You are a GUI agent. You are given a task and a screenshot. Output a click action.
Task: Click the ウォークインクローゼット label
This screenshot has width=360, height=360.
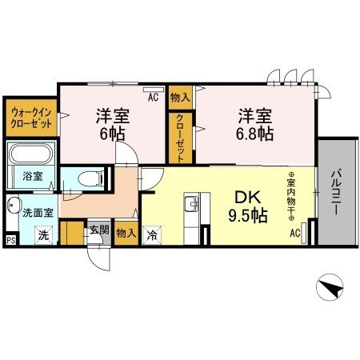pos(30,119)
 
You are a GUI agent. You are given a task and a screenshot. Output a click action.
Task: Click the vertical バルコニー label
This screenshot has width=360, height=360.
pos(336,193)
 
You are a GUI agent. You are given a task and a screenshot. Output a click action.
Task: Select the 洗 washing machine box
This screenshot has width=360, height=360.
pos(46,235)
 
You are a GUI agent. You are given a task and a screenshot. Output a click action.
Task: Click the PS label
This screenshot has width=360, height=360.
pos(10,238)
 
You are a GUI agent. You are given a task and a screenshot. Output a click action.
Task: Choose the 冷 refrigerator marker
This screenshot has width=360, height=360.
pos(151,236)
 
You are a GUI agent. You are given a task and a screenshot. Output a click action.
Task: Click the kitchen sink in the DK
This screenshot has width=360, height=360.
pos(192,206)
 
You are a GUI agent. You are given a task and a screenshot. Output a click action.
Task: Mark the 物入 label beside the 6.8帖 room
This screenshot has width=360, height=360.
pos(180,98)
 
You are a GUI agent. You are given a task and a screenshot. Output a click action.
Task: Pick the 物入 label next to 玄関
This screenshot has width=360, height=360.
pos(126,234)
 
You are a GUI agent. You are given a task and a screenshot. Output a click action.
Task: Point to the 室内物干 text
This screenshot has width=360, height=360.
pos(292,197)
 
